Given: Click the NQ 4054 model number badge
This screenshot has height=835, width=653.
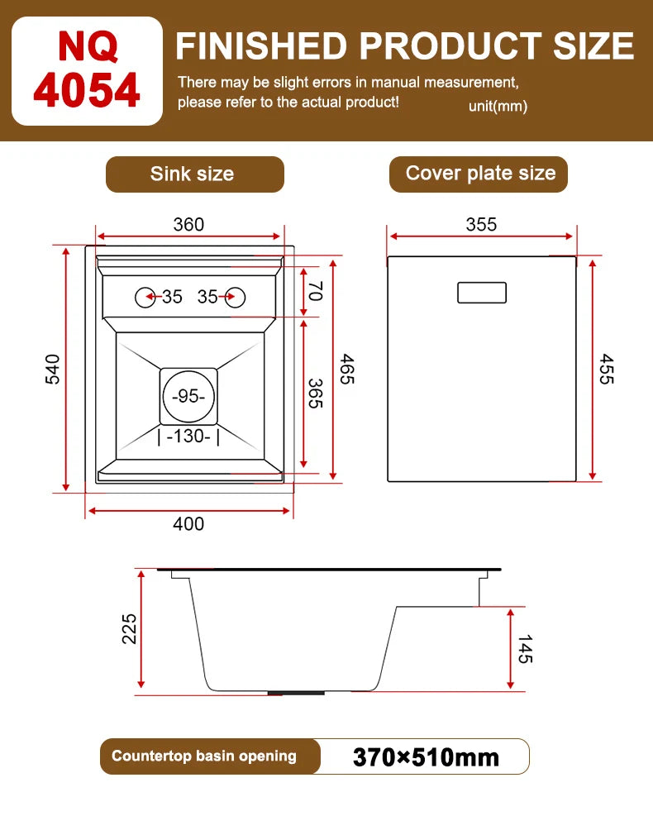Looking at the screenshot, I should [87, 71].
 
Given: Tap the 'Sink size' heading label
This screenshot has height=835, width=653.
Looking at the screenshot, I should [192, 174].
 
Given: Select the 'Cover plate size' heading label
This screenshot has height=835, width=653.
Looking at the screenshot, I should [480, 173].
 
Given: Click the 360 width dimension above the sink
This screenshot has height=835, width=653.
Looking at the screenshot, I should [188, 224].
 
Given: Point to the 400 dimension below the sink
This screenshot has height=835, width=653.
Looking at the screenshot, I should [188, 523].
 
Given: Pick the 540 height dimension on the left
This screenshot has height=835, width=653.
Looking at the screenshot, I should [52, 369].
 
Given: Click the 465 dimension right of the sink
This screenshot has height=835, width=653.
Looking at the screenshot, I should [346, 369].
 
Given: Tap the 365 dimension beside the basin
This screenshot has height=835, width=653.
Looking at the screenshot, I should [315, 394].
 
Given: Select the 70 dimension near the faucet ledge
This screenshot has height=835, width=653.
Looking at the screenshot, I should [314, 290].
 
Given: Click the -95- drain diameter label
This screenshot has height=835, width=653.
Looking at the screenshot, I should [188, 396].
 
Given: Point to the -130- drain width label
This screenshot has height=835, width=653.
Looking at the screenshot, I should [188, 436].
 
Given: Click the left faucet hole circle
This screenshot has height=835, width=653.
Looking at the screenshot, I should [145, 296].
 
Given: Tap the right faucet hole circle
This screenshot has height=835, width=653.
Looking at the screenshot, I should [234, 296].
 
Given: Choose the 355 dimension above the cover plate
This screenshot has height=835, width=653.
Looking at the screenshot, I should [481, 224].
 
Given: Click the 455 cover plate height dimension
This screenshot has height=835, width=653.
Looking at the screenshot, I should [607, 369].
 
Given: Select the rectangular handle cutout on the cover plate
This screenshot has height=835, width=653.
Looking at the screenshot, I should [482, 292].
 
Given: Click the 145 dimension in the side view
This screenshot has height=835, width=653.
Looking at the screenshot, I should [525, 648].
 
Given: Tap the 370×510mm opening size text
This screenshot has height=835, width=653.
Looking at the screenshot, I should [426, 756].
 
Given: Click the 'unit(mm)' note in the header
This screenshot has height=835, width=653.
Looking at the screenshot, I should [498, 106].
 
